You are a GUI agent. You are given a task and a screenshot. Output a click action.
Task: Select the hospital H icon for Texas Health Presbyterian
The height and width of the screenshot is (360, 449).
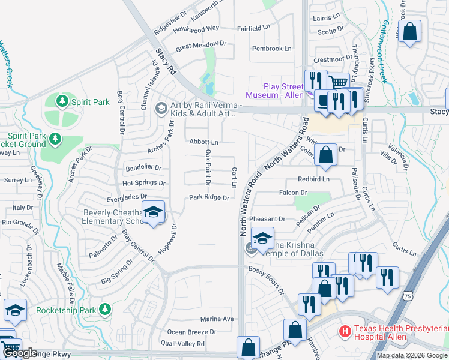pyautogui.click(x=345, y=331)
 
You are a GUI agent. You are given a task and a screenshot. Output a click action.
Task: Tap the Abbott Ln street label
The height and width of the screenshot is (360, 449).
pyautogui.click(x=203, y=142)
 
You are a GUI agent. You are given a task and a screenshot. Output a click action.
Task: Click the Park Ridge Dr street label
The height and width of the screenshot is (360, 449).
pyautogui.click(x=209, y=197)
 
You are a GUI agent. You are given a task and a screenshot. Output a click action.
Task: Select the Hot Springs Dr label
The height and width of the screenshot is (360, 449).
pyautogui.click(x=143, y=183)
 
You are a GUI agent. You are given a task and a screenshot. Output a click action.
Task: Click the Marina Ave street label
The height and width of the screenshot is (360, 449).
pyautogui.click(x=217, y=319)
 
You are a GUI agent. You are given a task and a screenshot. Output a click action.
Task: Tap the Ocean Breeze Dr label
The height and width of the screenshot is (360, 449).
pyautogui.click(x=191, y=332)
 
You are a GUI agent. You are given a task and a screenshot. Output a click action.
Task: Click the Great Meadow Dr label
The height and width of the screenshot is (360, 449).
pyautogui.click(x=200, y=44)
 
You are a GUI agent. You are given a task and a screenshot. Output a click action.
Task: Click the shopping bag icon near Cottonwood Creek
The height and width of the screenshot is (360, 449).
pyautogui.click(x=409, y=32)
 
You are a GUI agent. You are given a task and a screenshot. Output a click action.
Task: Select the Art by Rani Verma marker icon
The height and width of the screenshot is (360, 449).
pyautogui.click(x=160, y=109)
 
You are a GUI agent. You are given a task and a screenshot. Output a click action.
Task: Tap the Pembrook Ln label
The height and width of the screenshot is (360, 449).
pyautogui.click(x=271, y=49)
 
